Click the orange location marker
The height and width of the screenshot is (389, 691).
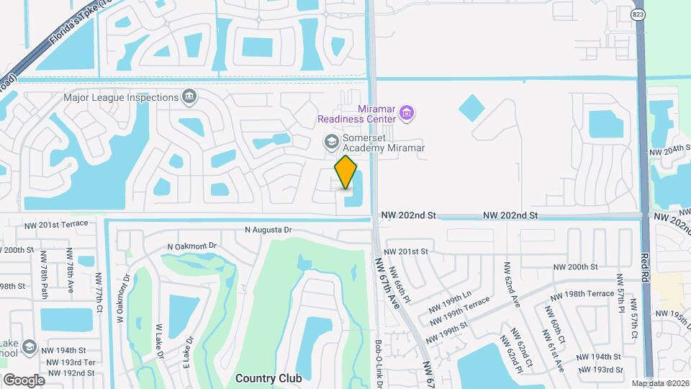click(346, 172)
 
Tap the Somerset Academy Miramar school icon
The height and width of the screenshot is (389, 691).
click(332, 140)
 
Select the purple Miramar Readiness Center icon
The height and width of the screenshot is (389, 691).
click(407, 112)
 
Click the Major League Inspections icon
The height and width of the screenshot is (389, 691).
click(189, 97)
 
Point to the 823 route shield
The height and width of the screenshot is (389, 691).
click(638, 14)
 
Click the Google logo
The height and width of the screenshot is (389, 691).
click(24, 380)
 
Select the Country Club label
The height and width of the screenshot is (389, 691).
click(268, 377)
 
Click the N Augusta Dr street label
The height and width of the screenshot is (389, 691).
click(270, 231)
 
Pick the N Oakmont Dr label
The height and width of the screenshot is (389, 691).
click(191, 246)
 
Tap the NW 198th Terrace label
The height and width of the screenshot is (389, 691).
click(582, 295)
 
